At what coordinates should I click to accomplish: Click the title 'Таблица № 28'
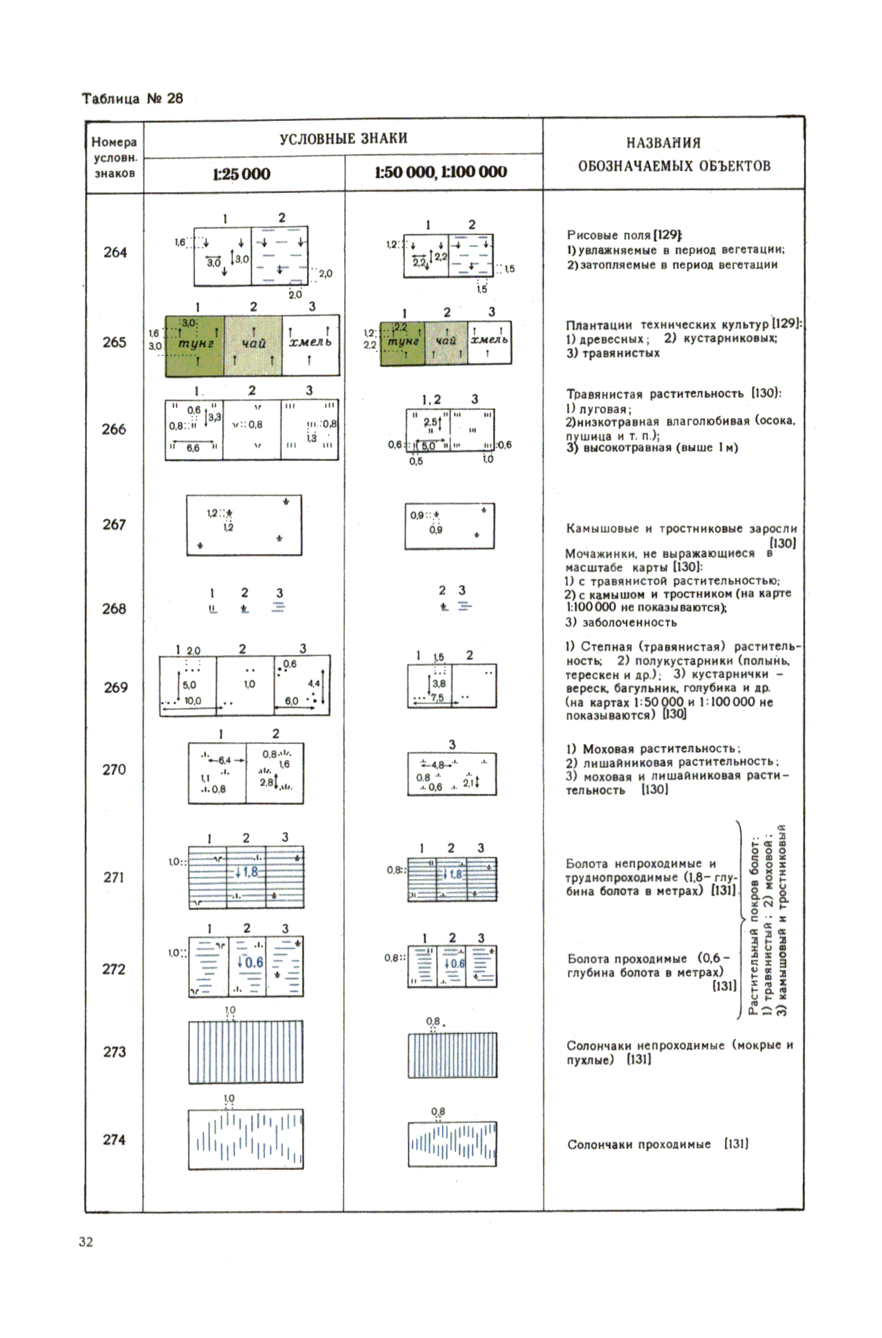tap(132, 98)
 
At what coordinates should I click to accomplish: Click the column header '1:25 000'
tap(241, 174)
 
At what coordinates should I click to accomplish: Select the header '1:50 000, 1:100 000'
tap(441, 172)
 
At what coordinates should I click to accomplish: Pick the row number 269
tap(115, 687)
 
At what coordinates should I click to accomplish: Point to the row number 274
tap(114, 1139)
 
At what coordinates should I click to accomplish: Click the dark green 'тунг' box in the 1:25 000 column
tap(195, 345)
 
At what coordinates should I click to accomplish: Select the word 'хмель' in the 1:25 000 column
tap(310, 342)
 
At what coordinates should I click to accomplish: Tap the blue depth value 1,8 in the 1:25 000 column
tap(250, 872)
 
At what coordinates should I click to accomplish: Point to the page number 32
tap(86, 1242)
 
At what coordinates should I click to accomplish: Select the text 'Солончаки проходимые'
tap(638, 1144)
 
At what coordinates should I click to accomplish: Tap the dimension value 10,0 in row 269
tap(193, 701)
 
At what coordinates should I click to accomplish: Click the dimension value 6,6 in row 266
tap(193, 448)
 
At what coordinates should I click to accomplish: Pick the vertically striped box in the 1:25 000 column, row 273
tap(246, 1052)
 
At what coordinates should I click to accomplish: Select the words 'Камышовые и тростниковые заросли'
tap(681, 529)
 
